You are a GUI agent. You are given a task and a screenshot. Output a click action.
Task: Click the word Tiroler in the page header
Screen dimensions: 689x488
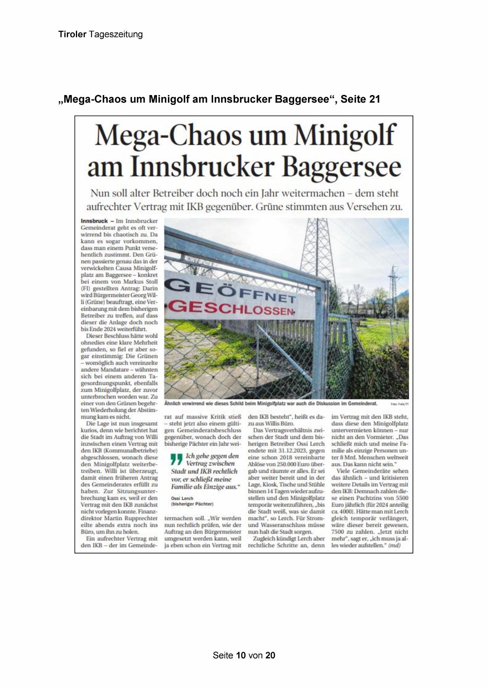click(72, 34)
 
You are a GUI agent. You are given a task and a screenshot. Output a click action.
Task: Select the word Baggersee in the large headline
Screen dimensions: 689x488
click(342, 167)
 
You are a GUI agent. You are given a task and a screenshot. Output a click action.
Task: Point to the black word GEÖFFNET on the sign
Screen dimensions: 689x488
click(230, 292)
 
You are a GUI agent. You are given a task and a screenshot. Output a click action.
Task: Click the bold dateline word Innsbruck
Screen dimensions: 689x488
click(94, 221)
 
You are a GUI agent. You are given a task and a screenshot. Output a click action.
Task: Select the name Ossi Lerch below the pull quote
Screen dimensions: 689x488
click(182, 498)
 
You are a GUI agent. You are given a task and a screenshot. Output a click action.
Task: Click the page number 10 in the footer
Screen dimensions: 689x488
click(241, 655)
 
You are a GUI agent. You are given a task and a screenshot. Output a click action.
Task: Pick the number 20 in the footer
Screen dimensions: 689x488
click(270, 655)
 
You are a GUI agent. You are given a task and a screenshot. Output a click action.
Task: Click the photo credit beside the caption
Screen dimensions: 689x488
click(400, 404)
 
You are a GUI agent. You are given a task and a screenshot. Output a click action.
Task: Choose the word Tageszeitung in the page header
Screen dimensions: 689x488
click(116, 34)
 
